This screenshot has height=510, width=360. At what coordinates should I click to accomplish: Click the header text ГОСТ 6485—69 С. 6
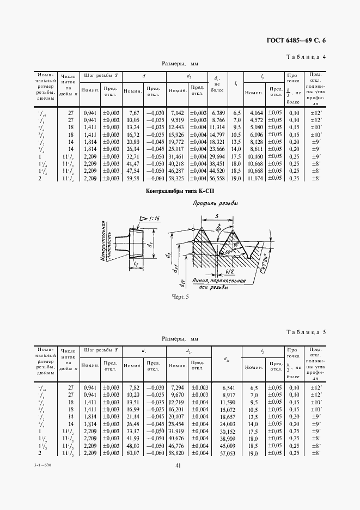click(299, 40)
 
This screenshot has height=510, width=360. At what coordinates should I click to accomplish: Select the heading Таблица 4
click(306, 57)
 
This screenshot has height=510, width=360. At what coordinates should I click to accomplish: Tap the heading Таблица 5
click(306, 331)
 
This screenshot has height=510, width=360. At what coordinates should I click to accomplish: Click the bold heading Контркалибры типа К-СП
click(180, 192)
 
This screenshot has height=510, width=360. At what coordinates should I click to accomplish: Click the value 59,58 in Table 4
click(133, 178)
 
